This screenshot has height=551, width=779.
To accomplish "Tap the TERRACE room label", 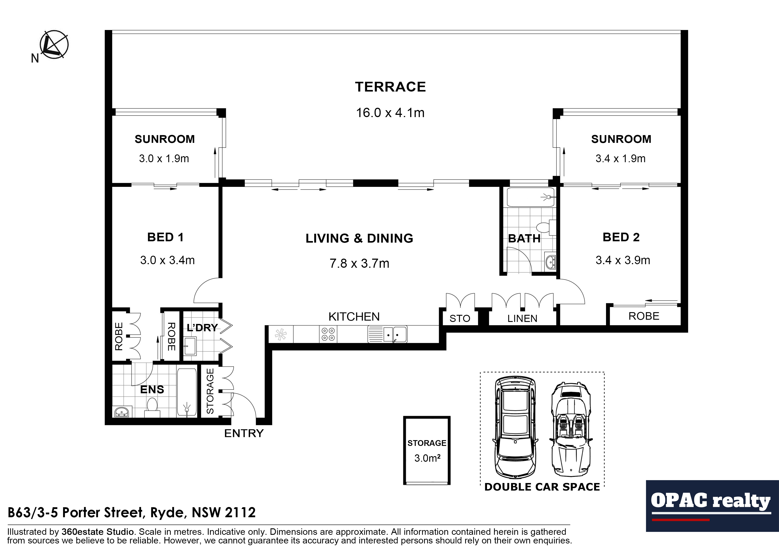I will pyautogui.click(x=390, y=87).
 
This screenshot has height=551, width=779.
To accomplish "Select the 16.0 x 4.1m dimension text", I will pyautogui.click(x=390, y=113).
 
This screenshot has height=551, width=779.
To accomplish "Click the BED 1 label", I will pyautogui.click(x=165, y=237).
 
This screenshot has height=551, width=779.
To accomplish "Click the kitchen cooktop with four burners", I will pyautogui.click(x=328, y=334).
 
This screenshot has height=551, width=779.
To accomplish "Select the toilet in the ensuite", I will pyautogui.click(x=152, y=407).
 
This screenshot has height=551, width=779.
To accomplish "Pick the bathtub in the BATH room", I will pyautogui.click(x=531, y=197).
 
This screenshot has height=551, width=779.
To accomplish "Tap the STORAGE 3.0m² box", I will pyautogui.click(x=427, y=451).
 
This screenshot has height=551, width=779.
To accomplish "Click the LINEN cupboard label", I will pyautogui.click(x=522, y=318).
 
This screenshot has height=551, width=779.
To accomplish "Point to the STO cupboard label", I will pyautogui.click(x=460, y=318).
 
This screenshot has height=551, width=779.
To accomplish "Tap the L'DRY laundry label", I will pyautogui.click(x=202, y=328).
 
